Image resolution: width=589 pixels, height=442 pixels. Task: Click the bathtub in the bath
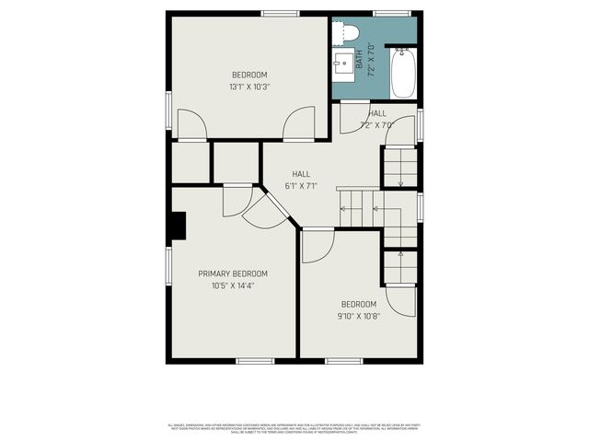pos(404,74)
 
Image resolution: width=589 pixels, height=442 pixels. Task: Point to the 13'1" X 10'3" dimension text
pos(249,87)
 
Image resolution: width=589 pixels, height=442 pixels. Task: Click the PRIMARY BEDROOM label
pos(233,273)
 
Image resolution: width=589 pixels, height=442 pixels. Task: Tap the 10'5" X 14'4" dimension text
pos(233,285)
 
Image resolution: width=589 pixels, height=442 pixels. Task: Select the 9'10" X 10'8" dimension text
pos(358,316)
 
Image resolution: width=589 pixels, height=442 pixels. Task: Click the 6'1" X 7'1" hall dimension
pos(301,186)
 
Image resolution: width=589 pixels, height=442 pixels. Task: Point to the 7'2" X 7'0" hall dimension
pos(376,124)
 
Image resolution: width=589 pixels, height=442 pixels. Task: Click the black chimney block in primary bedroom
pos(177,226)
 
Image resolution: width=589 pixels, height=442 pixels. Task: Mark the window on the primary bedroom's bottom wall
pos(255,360)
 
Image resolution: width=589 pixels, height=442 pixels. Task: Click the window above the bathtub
pos(392,13)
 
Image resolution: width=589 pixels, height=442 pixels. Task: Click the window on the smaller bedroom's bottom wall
pos(343,360)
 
